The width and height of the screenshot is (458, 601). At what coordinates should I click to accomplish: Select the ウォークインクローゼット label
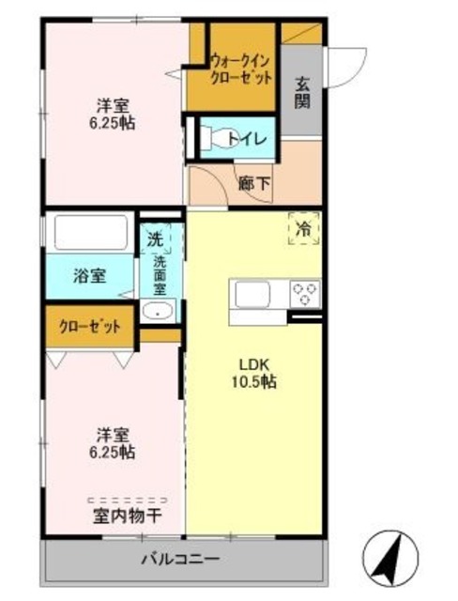click(x=241, y=68)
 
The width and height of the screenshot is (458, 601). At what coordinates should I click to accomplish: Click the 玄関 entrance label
click(x=303, y=91)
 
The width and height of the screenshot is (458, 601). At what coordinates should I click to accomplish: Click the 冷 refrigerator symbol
click(x=303, y=227)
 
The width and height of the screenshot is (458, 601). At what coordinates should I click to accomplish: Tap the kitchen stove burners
click(x=305, y=294)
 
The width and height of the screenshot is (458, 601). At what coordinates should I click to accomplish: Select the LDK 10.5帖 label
click(x=255, y=373)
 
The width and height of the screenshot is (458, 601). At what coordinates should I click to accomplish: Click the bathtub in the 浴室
click(x=89, y=232)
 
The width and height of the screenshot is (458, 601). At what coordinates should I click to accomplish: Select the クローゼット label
click(x=90, y=327)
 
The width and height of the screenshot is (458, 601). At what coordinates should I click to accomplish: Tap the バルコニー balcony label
click(x=180, y=560)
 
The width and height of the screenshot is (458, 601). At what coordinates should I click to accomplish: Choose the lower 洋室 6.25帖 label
click(x=114, y=443)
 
